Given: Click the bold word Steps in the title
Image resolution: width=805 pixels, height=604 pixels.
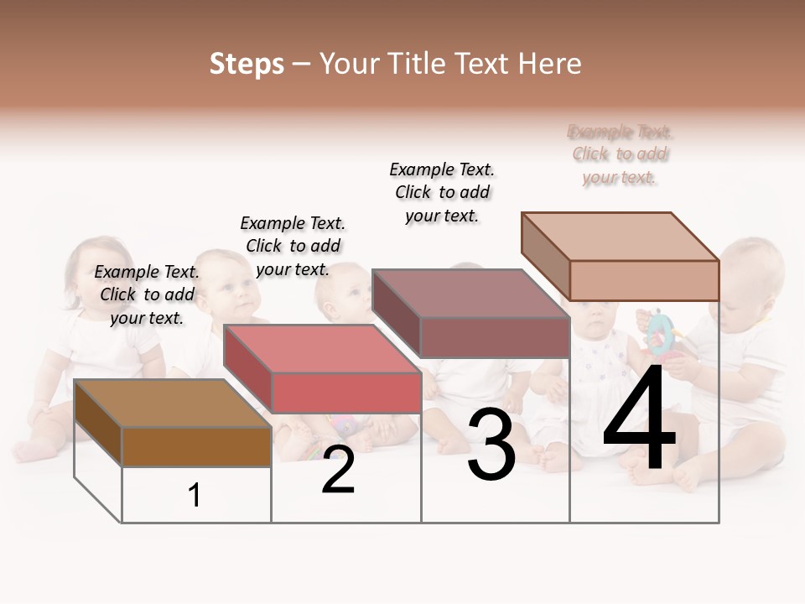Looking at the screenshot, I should pos(247,64).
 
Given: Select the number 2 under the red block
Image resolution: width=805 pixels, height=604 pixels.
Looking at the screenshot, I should pos(338,471).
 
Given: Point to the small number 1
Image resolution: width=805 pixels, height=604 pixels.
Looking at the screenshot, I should pos(195,495).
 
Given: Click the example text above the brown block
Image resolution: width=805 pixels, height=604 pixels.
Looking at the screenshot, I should pos(147,294).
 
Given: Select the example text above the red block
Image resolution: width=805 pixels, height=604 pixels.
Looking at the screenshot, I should pos(293,246).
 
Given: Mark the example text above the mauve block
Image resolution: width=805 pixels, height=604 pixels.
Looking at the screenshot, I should pos(442,192).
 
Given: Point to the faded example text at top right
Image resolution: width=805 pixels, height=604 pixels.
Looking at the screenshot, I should pos(621,154).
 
